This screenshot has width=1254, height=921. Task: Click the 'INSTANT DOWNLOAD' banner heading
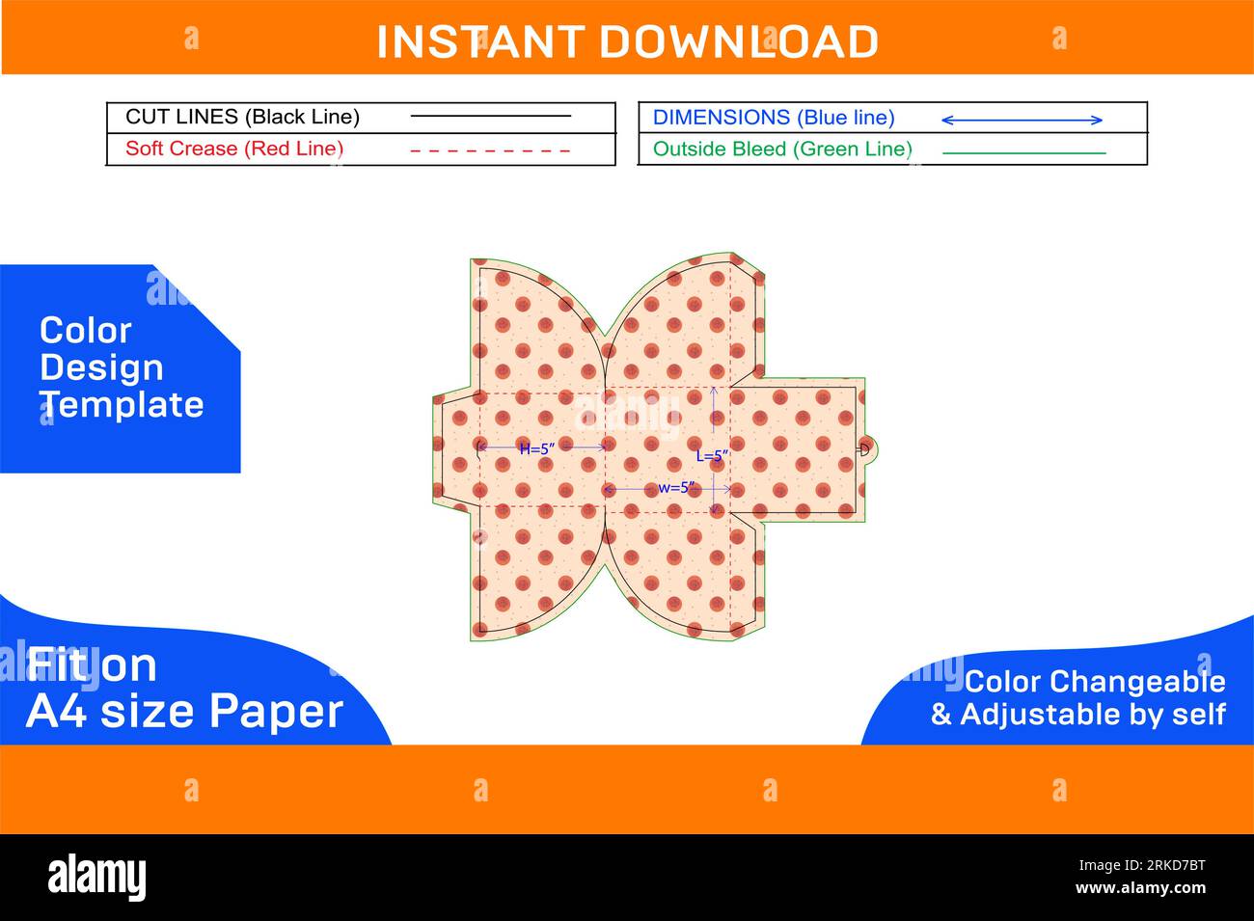[x=627, y=41]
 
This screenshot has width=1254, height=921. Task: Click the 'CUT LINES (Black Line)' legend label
[x=242, y=117]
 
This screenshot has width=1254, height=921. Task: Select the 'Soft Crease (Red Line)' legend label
[x=234, y=149]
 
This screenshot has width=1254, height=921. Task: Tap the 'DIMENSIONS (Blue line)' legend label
[x=774, y=118]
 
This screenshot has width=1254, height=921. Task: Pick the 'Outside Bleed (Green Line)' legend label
[x=782, y=149]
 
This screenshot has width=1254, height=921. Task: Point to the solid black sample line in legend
[x=490, y=117]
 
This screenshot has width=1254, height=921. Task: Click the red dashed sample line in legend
[x=490, y=150]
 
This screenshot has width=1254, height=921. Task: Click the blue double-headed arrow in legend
[x=1022, y=120]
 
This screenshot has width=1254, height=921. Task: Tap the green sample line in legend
[x=1023, y=152]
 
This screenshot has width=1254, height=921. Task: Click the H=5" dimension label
[x=537, y=448]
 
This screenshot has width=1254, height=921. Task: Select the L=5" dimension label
[x=713, y=456]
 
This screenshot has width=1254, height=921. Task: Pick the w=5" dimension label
[x=676, y=488]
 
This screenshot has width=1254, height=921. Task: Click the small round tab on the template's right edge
[x=867, y=448]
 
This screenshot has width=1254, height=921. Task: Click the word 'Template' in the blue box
[x=123, y=405]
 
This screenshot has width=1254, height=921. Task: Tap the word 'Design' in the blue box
[x=101, y=367]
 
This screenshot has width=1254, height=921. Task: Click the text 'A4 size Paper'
[x=184, y=711]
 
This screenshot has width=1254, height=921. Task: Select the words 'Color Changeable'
[x=1095, y=682]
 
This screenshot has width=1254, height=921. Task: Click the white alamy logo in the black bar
[x=97, y=877]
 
